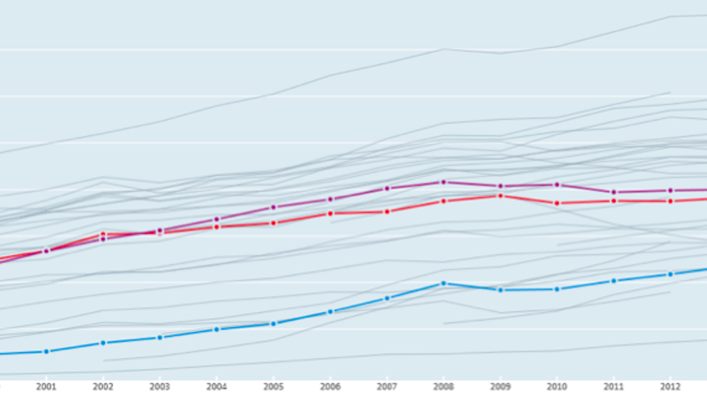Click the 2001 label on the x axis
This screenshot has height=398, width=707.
pos(47,386)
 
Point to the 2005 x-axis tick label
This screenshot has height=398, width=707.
pos(273,386)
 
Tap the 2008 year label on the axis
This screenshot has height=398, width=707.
pos(443,386)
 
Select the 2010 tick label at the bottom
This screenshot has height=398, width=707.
pos(557,386)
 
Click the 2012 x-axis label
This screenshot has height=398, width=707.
pos(670,386)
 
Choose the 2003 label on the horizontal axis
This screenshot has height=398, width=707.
pos(160,386)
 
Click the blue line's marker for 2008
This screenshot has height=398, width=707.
pos(443,283)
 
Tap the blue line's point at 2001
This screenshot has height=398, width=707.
pos(47,351)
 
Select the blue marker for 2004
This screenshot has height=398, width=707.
pos(217,329)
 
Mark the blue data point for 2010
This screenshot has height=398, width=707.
pos(557,289)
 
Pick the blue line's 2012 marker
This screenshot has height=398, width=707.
pos(670,274)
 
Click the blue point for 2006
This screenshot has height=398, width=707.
pos(330,312)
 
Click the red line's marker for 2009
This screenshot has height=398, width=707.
pos(501,195)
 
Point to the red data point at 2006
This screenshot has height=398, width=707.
pos(330,213)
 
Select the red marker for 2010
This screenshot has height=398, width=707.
pos(557,203)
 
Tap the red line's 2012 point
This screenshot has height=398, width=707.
pos(670,200)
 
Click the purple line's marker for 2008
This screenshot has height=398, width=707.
pos(443,182)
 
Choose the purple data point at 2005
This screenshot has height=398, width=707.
pos(273,207)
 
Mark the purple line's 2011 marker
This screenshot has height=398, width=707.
pos(614,192)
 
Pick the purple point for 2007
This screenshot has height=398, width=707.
pos(387,188)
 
